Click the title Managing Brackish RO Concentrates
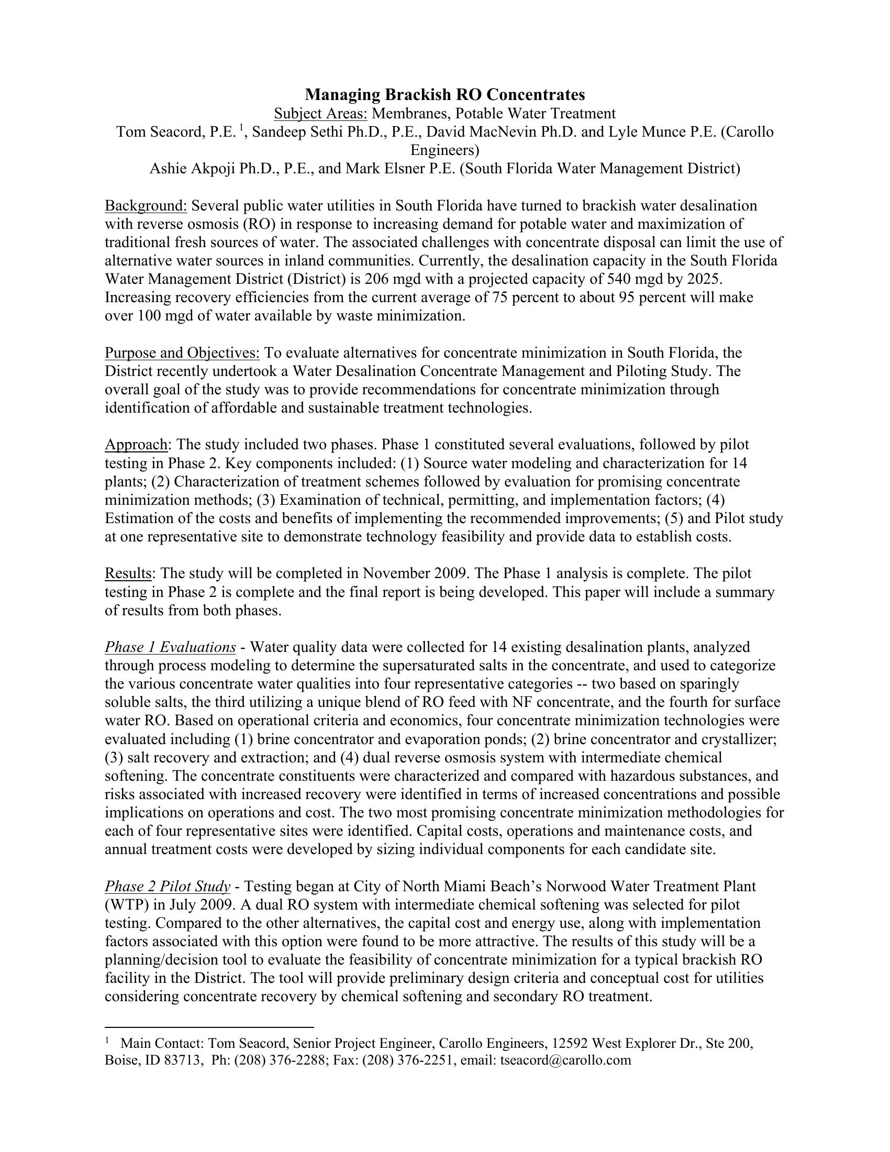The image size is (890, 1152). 445,95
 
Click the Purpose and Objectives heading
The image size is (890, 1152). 182,353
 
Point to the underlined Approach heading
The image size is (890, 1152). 136,445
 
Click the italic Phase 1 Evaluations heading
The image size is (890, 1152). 170,647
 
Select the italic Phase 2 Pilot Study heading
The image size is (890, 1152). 167,887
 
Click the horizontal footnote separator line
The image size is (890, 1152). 209,1027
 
